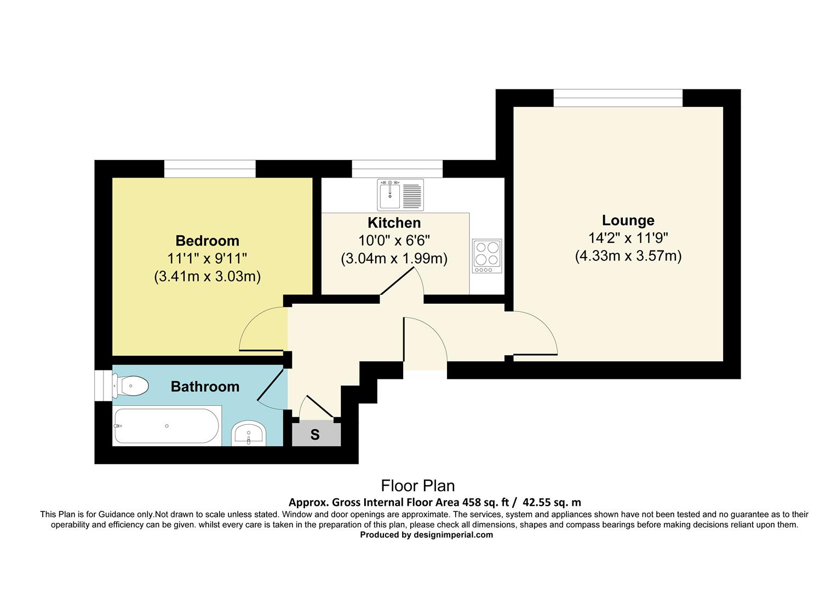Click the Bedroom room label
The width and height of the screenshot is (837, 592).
click(x=207, y=241)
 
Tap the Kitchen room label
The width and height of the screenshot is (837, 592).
click(x=394, y=223)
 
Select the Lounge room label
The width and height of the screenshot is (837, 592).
click(x=628, y=220)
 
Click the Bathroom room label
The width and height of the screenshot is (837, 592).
click(x=205, y=386)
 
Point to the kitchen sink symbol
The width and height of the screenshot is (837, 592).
click(x=400, y=195)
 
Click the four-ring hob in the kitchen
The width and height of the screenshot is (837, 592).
click(x=486, y=256)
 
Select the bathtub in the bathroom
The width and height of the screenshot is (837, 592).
click(x=167, y=426)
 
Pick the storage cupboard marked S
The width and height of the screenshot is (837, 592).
click(x=315, y=435)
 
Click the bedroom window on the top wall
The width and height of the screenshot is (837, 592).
click(x=210, y=169)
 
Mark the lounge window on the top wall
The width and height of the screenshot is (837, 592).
click(x=617, y=98)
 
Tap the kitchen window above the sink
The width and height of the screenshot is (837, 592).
click(x=397, y=169)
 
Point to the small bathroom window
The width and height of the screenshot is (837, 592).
click(x=102, y=386)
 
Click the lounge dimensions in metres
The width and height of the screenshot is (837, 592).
click(x=628, y=256)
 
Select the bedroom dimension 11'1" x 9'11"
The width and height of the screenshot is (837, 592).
click(x=207, y=258)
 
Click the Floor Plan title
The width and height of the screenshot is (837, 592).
click(x=418, y=486)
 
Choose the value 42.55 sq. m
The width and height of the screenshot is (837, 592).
click(x=552, y=502)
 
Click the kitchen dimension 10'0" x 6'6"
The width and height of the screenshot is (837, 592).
click(x=394, y=241)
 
